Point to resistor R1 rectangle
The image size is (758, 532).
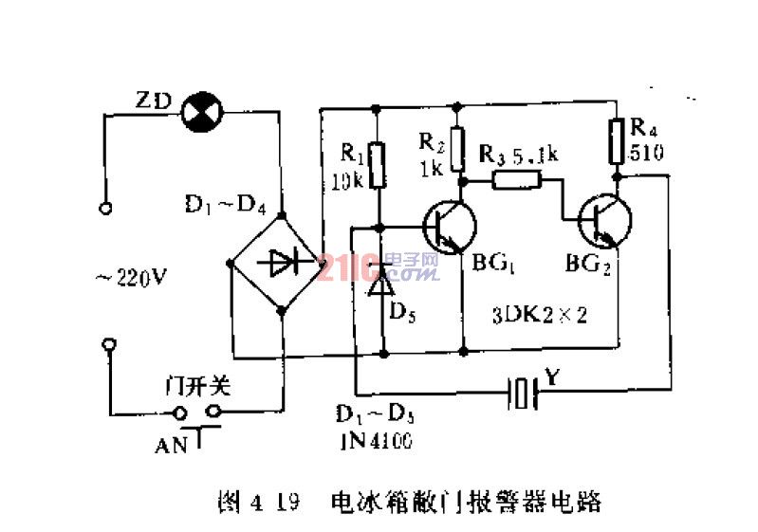coord(378,163)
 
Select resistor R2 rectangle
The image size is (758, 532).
coord(460,148)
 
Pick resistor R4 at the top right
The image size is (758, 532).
coord(617,141)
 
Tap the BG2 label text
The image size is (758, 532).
coord(588,265)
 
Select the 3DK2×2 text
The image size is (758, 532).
coord(541,315)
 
